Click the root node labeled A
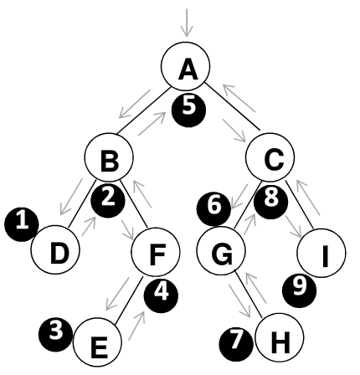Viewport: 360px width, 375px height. click(186, 66)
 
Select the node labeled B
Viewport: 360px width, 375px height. click(109, 157)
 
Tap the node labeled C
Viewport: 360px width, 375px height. click(270, 157)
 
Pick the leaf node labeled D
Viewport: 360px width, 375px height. click(55, 249)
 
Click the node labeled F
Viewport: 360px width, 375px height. click(156, 251)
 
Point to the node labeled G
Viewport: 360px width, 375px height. click(221, 251)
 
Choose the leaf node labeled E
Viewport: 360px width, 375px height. click(97, 342)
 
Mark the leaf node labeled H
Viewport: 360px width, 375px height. click(280, 337)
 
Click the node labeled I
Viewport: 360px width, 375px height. click(321, 253)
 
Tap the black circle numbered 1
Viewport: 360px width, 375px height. click(22, 224)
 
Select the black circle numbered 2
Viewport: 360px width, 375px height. click(108, 200)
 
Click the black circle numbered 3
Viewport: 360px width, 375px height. click(55, 335)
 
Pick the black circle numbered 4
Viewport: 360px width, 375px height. click(161, 296)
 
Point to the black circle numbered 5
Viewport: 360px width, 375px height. click(188, 110)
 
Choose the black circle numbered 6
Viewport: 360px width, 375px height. click(213, 208)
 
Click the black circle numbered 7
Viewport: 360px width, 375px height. click(236, 344)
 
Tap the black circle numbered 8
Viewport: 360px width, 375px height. click(270, 202)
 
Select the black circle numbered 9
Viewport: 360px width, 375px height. click(299, 290)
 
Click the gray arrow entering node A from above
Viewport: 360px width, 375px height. click(187, 23)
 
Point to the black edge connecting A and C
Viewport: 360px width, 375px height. click(233, 106)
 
